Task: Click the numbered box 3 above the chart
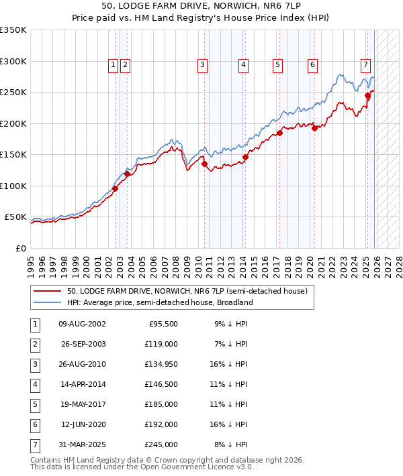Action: [202, 65]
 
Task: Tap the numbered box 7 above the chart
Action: [365, 65]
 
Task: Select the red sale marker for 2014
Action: [245, 158]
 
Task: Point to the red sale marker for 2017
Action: [279, 133]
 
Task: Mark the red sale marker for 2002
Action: [115, 188]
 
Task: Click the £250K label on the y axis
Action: [13, 93]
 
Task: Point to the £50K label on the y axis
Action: [15, 217]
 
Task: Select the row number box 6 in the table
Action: [34, 424]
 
